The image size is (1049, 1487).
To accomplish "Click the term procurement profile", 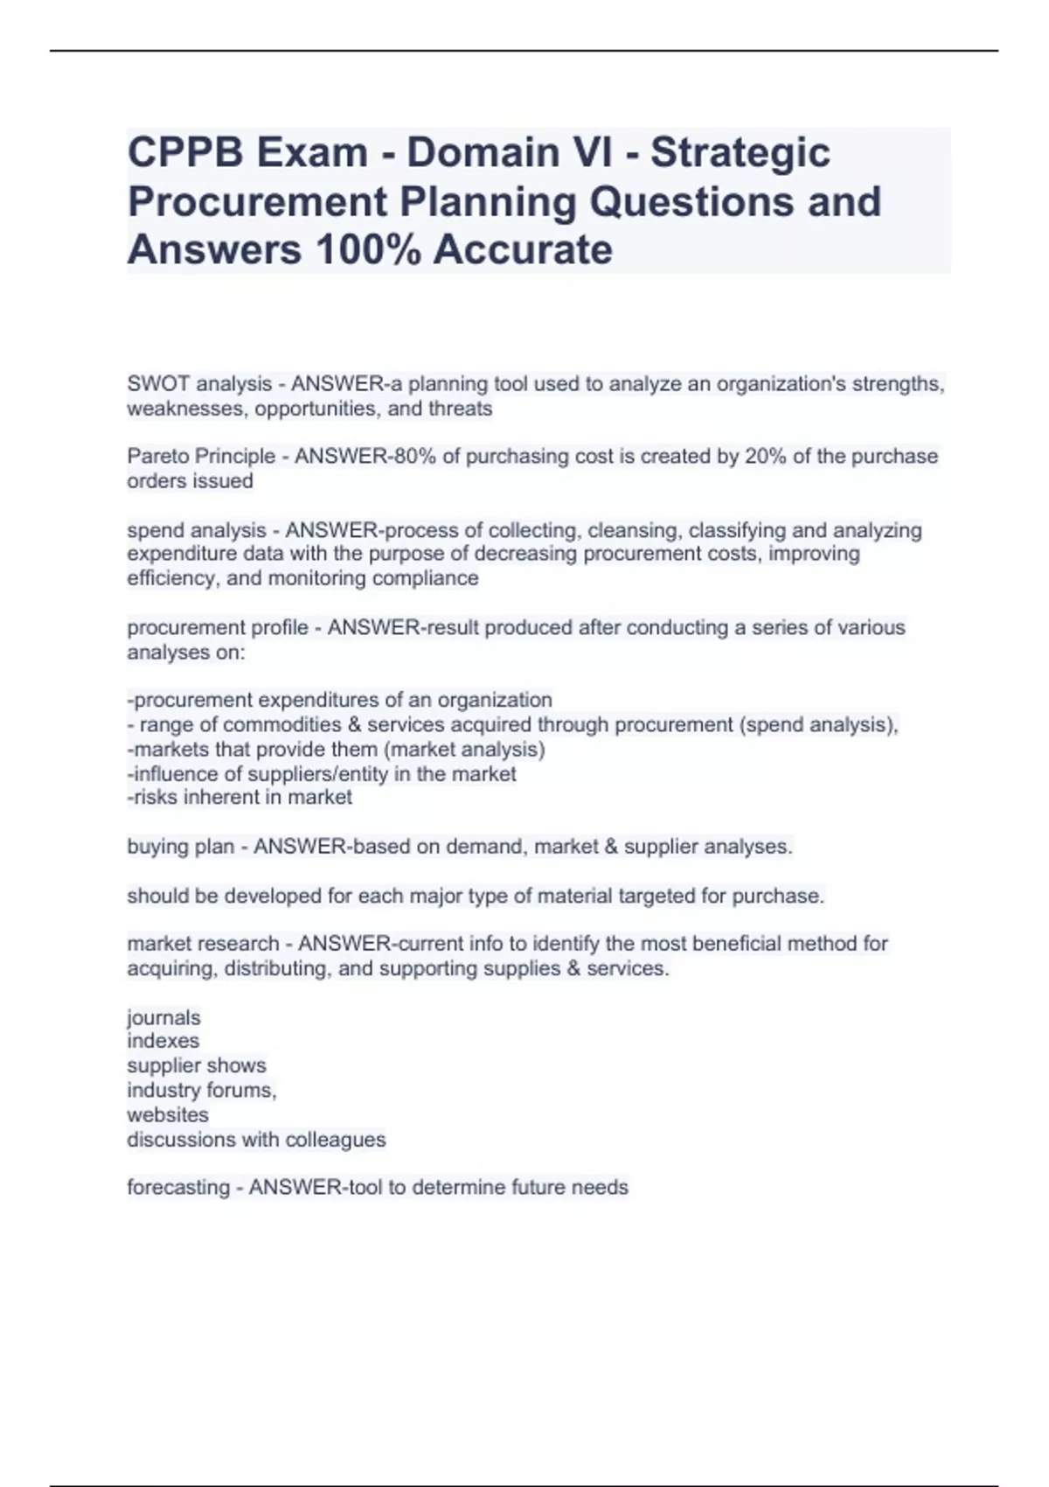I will [218, 628].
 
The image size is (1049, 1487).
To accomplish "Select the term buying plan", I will [181, 847].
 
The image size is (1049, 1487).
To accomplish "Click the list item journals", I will [163, 1018].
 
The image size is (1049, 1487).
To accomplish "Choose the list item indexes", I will [163, 1041].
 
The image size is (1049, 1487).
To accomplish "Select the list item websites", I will [168, 1115].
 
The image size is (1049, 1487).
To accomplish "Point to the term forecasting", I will [178, 1188].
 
